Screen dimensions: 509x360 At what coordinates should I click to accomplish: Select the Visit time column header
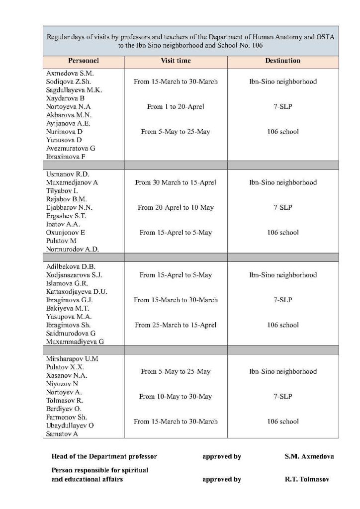coord(176,61)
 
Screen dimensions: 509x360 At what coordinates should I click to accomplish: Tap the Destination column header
coord(282,61)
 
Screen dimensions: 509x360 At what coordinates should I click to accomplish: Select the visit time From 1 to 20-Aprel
coord(176,106)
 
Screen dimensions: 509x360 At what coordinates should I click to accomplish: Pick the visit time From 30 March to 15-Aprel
coord(176,182)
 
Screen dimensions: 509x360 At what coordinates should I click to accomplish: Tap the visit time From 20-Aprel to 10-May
coord(176,207)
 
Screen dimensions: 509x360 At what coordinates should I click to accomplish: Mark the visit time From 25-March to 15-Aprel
coord(176,325)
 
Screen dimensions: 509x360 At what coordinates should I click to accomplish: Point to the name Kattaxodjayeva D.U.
coord(77,291)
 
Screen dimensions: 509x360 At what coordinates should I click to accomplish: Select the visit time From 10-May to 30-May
coord(176,396)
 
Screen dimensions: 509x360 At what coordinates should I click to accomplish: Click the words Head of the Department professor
coord(104,456)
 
